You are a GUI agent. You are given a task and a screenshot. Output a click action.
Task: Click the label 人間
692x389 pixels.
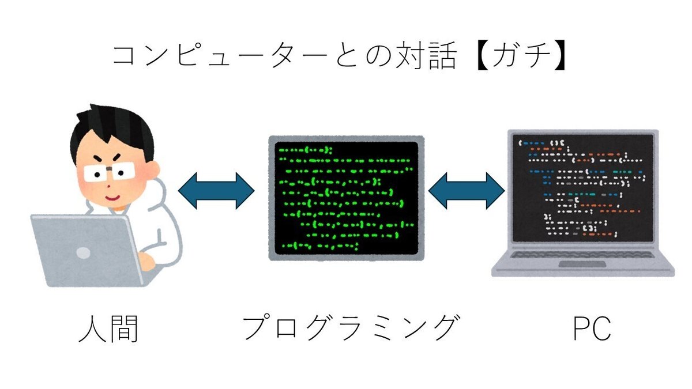(x=108, y=329)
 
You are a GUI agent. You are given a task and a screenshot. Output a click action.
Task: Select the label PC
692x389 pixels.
(x=592, y=328)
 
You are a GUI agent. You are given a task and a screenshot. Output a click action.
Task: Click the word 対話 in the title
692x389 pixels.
(x=425, y=56)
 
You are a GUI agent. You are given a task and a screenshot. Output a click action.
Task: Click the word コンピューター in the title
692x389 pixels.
(x=220, y=55)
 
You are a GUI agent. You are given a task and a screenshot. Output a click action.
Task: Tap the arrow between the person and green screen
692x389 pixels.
(x=216, y=191)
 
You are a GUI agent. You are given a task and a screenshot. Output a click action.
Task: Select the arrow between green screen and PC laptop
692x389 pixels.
(x=467, y=191)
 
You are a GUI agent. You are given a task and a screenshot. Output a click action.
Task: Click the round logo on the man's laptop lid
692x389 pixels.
(x=83, y=253)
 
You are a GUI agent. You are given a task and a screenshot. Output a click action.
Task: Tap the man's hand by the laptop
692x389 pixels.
(x=146, y=261)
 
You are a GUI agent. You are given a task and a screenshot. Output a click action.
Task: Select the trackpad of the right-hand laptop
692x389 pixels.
(x=582, y=265)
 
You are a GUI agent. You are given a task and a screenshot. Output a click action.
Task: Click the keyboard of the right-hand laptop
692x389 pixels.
(x=582, y=255)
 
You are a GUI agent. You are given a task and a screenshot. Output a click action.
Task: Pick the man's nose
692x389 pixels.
(x=108, y=187)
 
